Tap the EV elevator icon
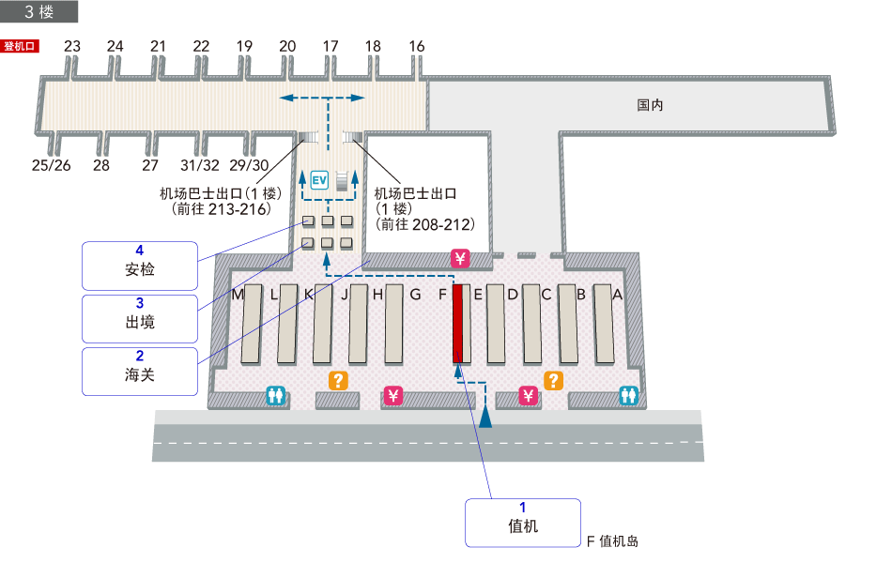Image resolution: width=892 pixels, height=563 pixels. [319, 179]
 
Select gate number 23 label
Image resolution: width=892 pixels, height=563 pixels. [72, 45]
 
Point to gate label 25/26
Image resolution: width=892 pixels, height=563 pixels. [51, 165]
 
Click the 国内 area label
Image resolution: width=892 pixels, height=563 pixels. [650, 105]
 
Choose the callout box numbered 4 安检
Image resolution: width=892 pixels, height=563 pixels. [140, 266]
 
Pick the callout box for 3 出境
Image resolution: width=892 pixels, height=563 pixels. [140, 318]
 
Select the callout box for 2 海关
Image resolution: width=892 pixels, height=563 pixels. [140, 371]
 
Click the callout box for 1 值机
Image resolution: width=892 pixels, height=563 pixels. [522, 522]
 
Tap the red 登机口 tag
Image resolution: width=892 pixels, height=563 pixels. [20, 45]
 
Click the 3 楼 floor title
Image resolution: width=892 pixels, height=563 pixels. [39, 11]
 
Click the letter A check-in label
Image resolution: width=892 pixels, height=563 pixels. [617, 294]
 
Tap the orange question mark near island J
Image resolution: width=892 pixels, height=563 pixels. [337, 380]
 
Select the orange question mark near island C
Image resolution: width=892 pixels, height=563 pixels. [554, 380]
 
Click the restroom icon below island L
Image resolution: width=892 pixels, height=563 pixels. [275, 396]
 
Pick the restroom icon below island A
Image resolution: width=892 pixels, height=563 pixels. [628, 396]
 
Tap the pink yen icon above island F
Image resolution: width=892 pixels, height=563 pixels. [460, 258]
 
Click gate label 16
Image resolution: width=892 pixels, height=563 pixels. [417, 45]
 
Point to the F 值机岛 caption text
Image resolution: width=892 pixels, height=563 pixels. [612, 541]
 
